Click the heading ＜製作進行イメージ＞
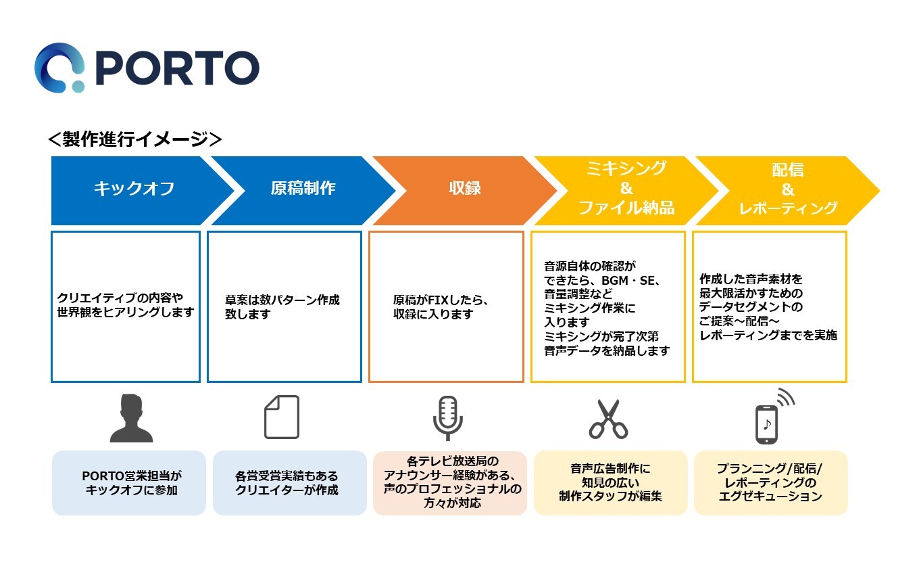pos(135,139)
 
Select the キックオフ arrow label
pos(134,189)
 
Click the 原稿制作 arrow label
pos(303,188)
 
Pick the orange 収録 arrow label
pos(465,188)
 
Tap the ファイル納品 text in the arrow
pos(626,208)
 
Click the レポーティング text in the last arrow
pos(788,208)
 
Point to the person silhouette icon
pos(131,417)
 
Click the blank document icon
pos(281,417)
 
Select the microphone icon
pos(447,417)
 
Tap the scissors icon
pos(608,419)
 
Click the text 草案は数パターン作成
pos(282,300)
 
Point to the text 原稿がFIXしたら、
pos(441,300)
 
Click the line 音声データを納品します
pos(607,350)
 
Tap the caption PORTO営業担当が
pos(132,476)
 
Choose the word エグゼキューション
pos(770,497)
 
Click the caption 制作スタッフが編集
pos(610,497)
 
